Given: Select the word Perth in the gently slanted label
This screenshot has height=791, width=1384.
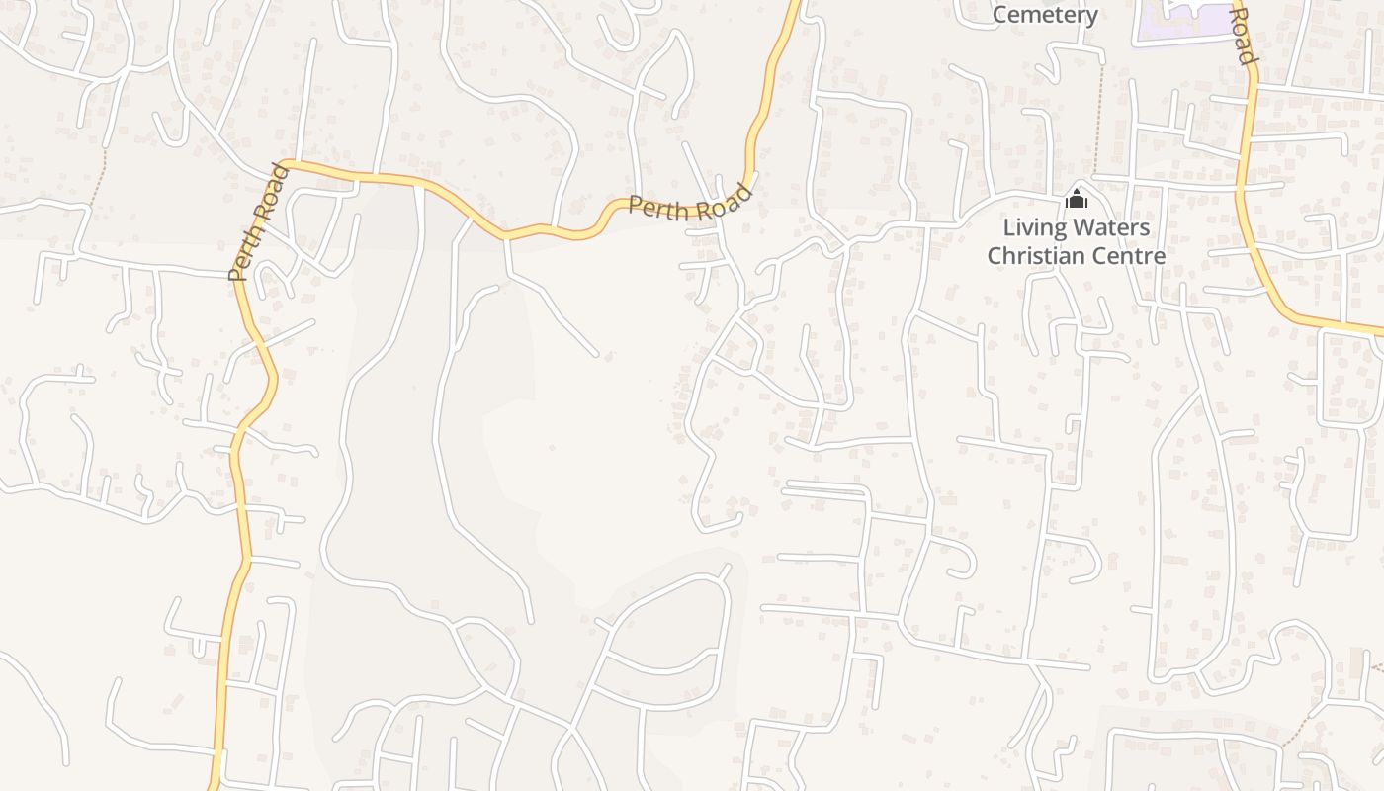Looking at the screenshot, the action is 658,209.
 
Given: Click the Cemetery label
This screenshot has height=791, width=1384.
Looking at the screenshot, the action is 1045,15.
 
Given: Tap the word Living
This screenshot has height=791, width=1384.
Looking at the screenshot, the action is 1034,228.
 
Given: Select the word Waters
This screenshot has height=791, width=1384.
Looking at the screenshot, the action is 1111,228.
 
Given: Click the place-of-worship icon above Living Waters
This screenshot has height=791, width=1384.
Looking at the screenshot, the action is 1077,200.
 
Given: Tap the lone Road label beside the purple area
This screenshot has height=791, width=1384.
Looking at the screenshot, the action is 1245,35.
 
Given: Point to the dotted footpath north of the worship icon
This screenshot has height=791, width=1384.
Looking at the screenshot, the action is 1099,119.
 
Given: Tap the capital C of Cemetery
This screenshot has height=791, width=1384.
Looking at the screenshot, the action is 1000,15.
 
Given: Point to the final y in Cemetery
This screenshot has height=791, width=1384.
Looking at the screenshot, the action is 1091,17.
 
